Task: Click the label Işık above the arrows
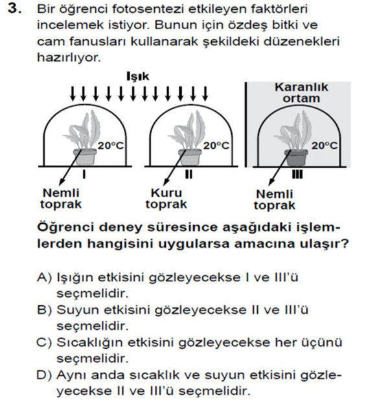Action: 137,76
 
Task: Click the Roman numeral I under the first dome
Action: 86,175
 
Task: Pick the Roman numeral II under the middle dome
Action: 189,175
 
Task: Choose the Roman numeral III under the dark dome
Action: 297,175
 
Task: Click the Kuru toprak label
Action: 166,199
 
